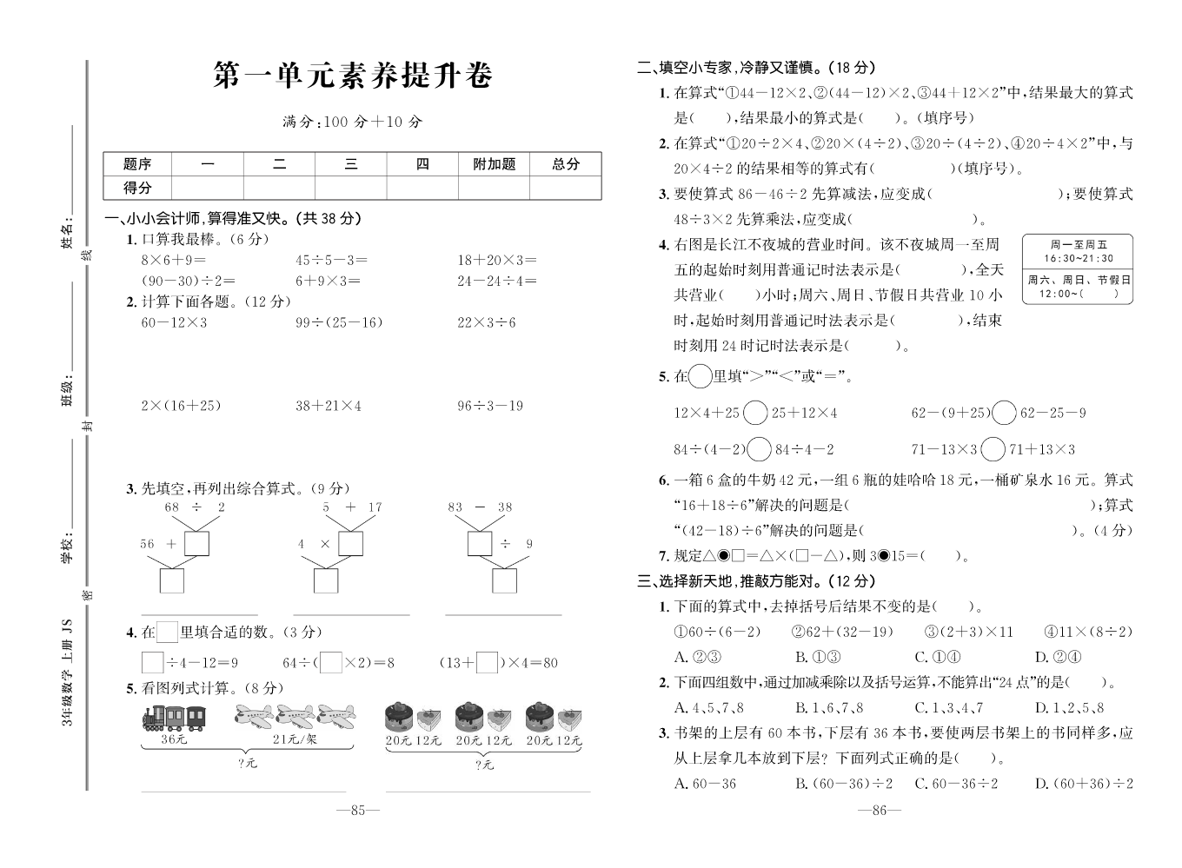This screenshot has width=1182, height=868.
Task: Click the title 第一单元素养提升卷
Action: (x=352, y=76)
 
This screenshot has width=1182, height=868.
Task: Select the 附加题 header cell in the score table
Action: (x=494, y=163)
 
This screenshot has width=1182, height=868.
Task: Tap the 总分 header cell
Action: (x=565, y=163)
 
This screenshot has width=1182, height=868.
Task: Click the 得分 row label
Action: (x=137, y=187)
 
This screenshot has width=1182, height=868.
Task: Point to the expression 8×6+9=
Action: (x=173, y=260)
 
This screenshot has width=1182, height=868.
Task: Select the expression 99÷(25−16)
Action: (x=338, y=322)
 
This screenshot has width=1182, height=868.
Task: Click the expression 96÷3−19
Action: (x=490, y=406)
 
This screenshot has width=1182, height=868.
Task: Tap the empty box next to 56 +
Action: (x=196, y=544)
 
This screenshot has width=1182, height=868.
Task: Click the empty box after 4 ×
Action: (x=350, y=544)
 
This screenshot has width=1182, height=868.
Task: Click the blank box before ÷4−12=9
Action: (x=152, y=663)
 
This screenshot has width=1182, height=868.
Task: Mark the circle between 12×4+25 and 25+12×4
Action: (x=755, y=413)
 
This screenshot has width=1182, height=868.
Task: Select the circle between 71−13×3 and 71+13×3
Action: (x=993, y=449)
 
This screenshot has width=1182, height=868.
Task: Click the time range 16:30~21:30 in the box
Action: (x=1078, y=259)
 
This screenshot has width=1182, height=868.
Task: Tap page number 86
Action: (x=879, y=810)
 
